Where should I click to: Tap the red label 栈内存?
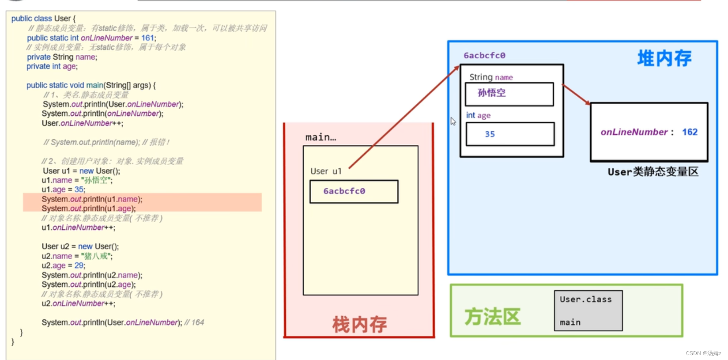359,325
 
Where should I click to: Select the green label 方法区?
492,317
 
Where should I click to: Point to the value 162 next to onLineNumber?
689,132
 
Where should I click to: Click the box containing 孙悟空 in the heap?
509,94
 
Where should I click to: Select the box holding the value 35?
510,134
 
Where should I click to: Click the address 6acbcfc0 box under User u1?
354,191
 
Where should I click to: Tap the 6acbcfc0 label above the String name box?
484,56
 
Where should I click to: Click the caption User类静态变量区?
653,172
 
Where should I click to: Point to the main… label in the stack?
321,137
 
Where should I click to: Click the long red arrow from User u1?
404,117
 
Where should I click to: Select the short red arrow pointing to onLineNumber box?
577,94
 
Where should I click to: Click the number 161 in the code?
147,38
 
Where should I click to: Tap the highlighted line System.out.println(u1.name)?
92,199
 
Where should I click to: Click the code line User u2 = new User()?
80,246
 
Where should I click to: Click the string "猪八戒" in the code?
97,256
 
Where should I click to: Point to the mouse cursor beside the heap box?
453,121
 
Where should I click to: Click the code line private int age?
52,66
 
